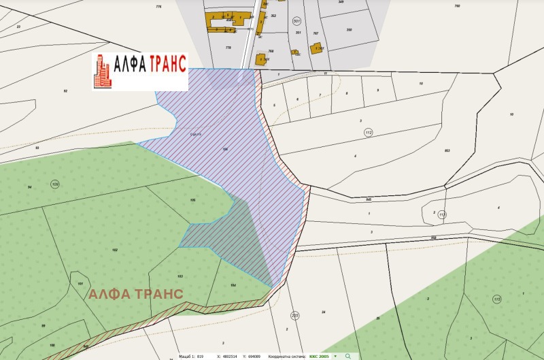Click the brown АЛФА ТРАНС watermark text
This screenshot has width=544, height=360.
tap(135, 294)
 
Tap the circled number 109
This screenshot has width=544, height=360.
tap(54, 184)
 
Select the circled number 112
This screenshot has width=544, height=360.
tap(368, 132)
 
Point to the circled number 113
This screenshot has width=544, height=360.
tap(441, 214)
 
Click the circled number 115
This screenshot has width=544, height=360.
tap(496, 299)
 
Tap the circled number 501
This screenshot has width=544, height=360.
tap(296, 21)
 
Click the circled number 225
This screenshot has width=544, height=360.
tap(294, 315)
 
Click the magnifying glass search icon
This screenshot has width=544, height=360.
tap(347, 356)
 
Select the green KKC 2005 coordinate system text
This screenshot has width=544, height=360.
tap(320, 356)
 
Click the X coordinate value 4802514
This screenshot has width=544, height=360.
tap(226, 356)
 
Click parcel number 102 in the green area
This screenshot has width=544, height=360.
tap(114, 250)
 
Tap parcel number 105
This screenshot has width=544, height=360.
tap(193, 199)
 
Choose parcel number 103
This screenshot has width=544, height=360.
tap(180, 276)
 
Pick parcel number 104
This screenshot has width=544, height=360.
tap(233, 284)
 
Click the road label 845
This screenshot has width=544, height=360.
tap(368, 199)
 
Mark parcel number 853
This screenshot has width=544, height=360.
tap(447, 150)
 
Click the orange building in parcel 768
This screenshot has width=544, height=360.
tap(260, 59)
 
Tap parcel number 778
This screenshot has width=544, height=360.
tap(228, 48)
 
